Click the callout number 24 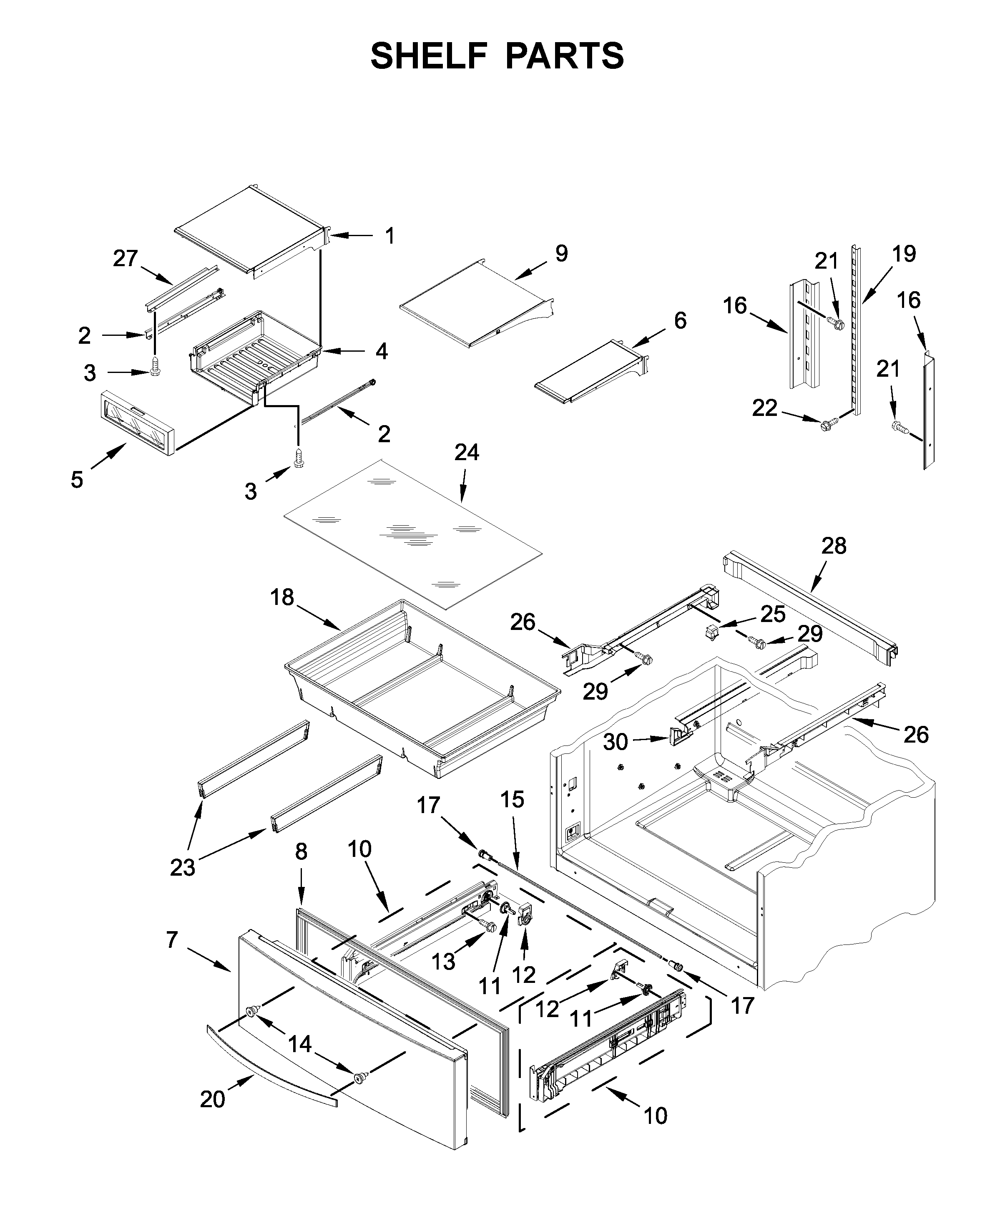coord(466,453)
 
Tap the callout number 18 coord(282,597)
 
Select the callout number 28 coord(834,546)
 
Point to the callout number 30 coord(615,742)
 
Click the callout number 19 coord(904,254)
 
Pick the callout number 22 coord(764,408)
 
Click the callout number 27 coord(125,259)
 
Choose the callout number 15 coord(512,800)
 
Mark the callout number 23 coord(182,868)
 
